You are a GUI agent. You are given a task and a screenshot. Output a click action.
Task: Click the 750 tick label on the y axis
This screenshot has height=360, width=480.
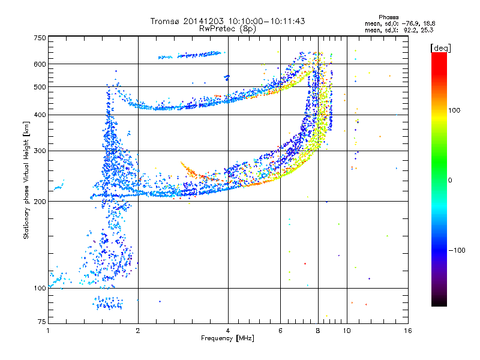[x=40, y=38]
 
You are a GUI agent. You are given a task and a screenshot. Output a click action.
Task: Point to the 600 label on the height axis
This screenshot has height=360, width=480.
[x=40, y=64]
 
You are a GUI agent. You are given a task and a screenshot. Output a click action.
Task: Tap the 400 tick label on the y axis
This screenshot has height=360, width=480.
[x=40, y=115]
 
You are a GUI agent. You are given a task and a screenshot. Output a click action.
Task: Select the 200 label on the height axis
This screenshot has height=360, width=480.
[x=40, y=202]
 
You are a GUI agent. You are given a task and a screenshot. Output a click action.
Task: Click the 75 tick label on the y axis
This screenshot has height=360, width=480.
[x=41, y=322]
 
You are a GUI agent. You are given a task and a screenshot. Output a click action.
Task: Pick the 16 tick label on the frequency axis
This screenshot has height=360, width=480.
[x=408, y=331]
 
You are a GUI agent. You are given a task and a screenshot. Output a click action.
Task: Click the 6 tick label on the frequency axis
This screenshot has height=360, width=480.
[x=280, y=331]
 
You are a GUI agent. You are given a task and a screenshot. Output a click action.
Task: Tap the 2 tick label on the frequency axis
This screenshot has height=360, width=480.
[x=138, y=331]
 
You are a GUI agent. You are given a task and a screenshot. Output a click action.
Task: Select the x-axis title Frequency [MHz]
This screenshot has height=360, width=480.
[x=227, y=338]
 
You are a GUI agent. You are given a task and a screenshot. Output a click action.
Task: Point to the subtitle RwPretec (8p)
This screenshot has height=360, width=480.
[x=227, y=29]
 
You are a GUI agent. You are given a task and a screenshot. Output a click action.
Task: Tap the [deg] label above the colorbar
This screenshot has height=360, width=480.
[x=440, y=48]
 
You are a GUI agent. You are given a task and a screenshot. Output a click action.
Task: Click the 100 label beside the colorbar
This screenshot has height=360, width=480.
[x=454, y=110]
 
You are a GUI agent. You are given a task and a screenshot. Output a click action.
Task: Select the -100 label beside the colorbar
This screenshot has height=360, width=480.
[x=457, y=250]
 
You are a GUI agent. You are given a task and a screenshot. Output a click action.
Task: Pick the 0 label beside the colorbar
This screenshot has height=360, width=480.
[x=450, y=181]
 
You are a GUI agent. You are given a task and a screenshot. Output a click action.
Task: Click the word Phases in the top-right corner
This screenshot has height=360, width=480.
[x=388, y=17]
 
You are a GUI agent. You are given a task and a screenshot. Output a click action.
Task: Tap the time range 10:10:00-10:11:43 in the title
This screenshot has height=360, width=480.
[x=266, y=21]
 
